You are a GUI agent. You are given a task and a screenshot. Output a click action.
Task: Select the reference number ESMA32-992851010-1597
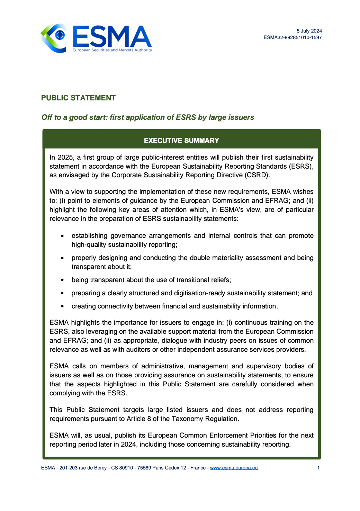(292, 37)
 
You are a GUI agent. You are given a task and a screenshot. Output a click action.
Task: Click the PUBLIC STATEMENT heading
(78, 98)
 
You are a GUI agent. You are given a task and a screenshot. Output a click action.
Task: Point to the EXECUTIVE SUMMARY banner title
(181, 141)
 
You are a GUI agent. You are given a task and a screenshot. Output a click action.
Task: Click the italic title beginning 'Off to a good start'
(147, 117)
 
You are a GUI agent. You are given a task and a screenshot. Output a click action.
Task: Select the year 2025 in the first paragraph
(65, 158)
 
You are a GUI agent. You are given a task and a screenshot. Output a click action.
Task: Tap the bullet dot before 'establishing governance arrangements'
(62, 236)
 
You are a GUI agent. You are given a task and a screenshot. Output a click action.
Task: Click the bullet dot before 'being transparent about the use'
(62, 280)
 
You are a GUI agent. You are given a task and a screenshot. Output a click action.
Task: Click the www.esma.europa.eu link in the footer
(234, 468)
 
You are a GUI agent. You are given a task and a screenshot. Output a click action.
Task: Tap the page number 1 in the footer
(318, 468)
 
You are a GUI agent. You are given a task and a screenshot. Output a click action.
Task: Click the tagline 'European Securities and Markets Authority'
(112, 50)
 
